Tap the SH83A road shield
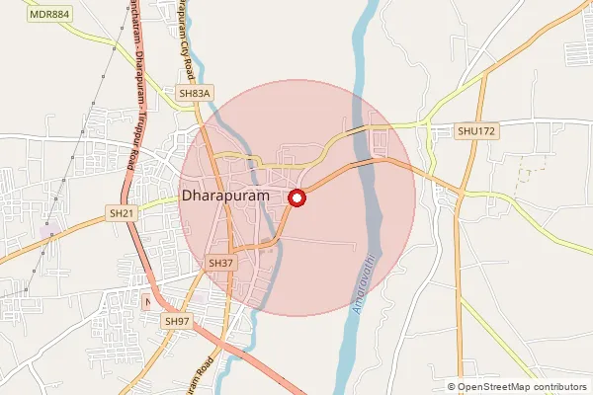[195, 93]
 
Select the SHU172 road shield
[475, 130]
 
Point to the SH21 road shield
[122, 212]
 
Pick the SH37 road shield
[221, 263]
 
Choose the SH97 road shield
[177, 321]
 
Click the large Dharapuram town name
[229, 197]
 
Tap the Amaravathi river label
[362, 284]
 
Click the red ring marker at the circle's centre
[296, 198]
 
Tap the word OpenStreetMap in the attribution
[500, 387]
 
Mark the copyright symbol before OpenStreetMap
[452, 387]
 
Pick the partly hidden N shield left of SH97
[147, 301]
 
